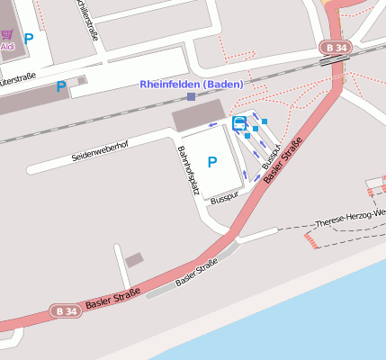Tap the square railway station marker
(191, 96)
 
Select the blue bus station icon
(239, 123)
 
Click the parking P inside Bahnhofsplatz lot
(212, 162)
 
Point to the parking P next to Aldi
(29, 39)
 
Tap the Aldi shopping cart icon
(7, 34)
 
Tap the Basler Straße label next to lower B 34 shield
(112, 296)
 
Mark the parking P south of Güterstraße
(61, 86)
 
